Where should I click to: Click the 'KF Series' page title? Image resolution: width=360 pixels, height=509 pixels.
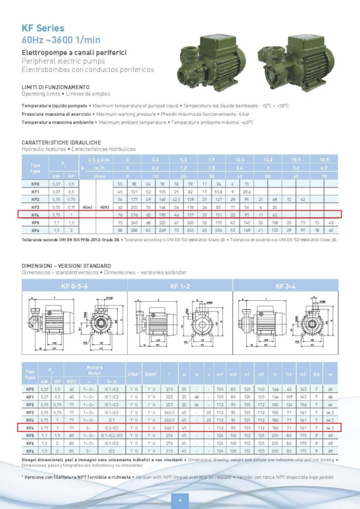(x=43, y=28)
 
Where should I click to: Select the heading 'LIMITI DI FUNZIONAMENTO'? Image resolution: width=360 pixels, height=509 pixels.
(x=56, y=87)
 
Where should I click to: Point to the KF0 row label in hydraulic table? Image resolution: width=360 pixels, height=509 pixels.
(x=35, y=184)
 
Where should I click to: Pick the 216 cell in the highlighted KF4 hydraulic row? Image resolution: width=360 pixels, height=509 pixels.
(x=135, y=214)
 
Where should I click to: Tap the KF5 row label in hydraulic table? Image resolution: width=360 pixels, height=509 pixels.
(x=35, y=223)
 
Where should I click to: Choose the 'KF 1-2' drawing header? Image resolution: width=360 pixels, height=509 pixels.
(x=179, y=286)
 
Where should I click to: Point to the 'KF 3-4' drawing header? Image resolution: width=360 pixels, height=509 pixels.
(x=285, y=286)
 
